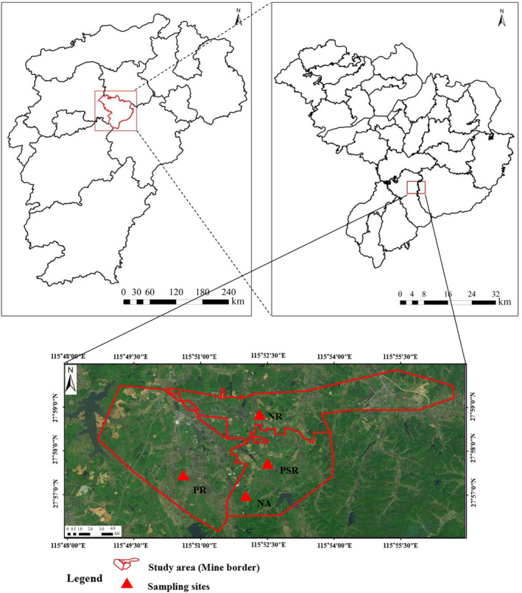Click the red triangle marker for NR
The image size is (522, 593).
tap(259, 416)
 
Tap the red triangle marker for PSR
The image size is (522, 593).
tap(267, 464)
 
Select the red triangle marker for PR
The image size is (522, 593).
tap(183, 476)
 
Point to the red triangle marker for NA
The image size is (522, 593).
tap(245, 497)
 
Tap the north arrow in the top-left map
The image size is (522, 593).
tap(238, 18)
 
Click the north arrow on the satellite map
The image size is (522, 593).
tap(71, 382)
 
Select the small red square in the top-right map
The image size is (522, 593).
tap(416, 188)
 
